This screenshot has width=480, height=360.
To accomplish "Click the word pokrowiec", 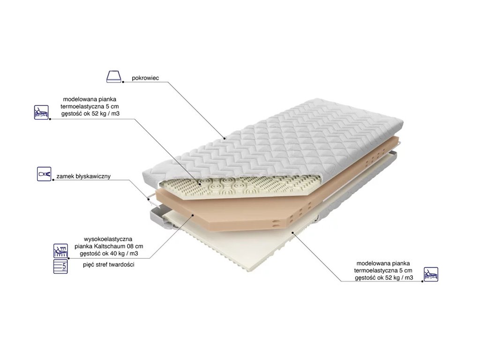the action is [145, 78].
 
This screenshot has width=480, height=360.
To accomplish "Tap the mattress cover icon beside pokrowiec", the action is [113, 76].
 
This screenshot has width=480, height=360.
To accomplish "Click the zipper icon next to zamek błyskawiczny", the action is [44, 174].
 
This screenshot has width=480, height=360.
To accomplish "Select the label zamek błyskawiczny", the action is [83, 177].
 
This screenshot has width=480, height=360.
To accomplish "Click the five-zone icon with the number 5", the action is [60, 266].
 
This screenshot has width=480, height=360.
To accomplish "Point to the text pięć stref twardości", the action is [109, 265].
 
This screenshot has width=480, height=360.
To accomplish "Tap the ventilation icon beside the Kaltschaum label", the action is [60, 251].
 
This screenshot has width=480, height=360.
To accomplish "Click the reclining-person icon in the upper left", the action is [41, 112].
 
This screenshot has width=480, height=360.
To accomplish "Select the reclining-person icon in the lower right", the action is [431, 274].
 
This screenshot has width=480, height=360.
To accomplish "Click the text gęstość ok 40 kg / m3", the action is [109, 254].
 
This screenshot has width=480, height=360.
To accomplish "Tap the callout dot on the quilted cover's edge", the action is [225, 139].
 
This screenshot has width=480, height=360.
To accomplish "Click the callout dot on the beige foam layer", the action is [193, 215].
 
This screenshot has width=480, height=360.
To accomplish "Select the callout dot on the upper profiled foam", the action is [200, 184].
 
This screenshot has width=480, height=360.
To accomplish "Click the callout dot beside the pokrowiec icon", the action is [123, 82].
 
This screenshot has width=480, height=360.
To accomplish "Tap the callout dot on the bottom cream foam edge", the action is [292, 232].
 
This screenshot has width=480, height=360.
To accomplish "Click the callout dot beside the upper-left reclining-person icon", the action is [50, 119].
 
